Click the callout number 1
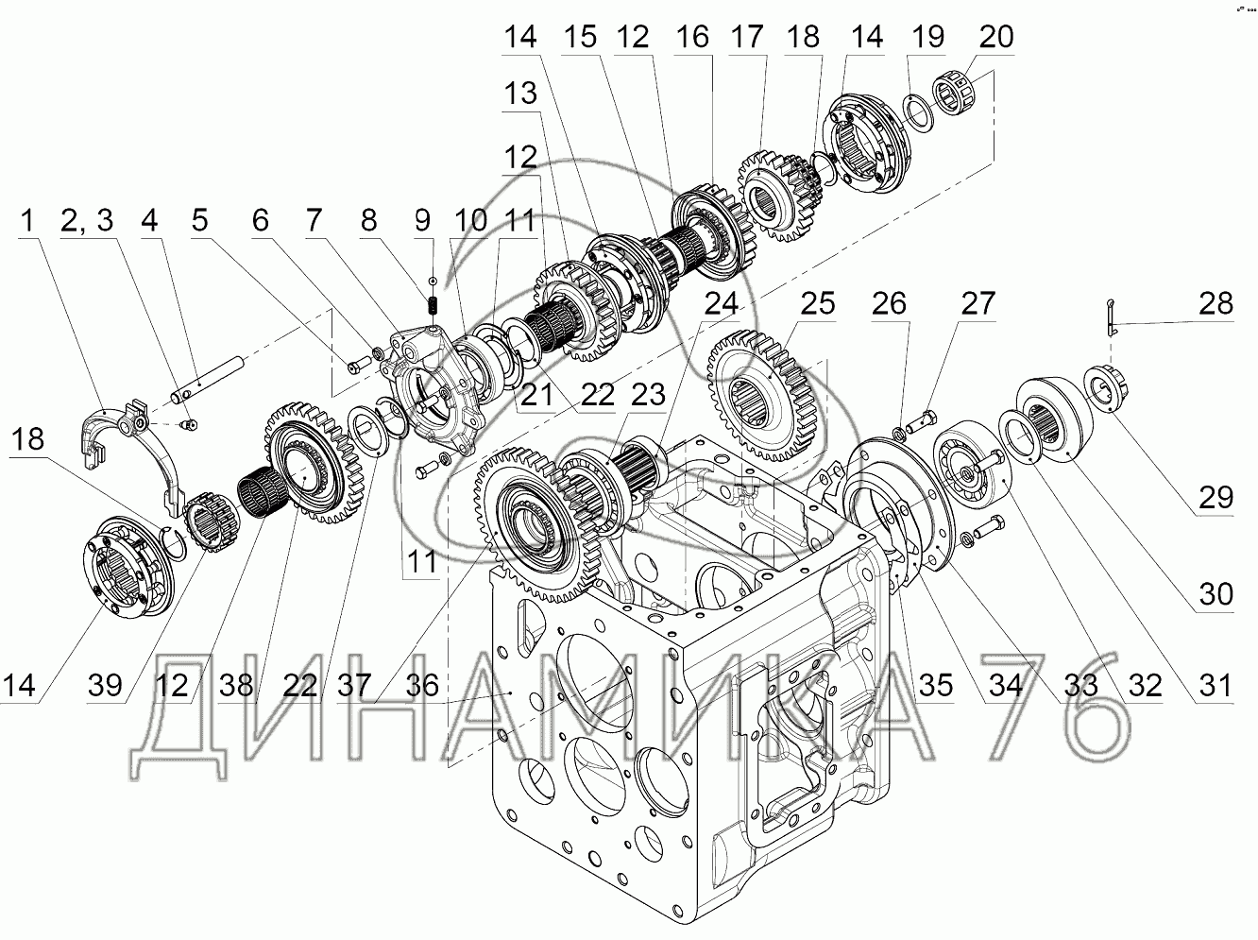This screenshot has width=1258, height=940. coord(28,222)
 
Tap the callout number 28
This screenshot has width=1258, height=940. coord(1215,304)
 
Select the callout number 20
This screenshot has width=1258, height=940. coord(996,38)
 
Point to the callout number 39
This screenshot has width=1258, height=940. coord(105,685)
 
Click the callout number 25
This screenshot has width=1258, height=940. coord(817,304)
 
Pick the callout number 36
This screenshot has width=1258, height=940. coord(422,685)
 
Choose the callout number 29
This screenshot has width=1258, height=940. coord(1215,498)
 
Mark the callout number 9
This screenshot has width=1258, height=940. coord(422,222)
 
